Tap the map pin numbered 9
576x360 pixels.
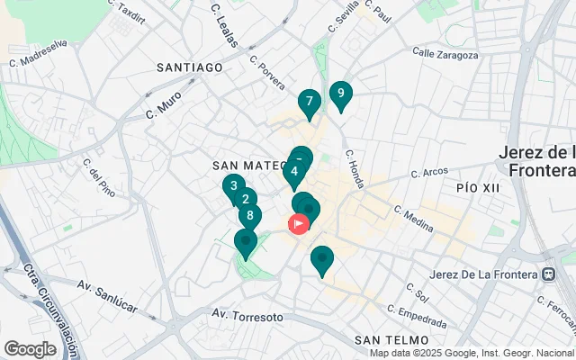coord(340,93)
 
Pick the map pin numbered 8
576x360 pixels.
coord(250,216)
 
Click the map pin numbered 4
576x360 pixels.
coord(294,171)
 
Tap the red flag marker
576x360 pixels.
coord(298,223)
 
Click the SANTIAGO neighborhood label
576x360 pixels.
coord(189,67)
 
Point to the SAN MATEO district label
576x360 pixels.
coord(248,166)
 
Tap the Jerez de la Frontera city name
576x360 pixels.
coord(536,161)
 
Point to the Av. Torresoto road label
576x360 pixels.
coord(247,316)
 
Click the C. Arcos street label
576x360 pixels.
coord(429,172)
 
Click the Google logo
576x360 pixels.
coord(30,348)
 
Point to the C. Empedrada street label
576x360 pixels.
coord(416,316)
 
